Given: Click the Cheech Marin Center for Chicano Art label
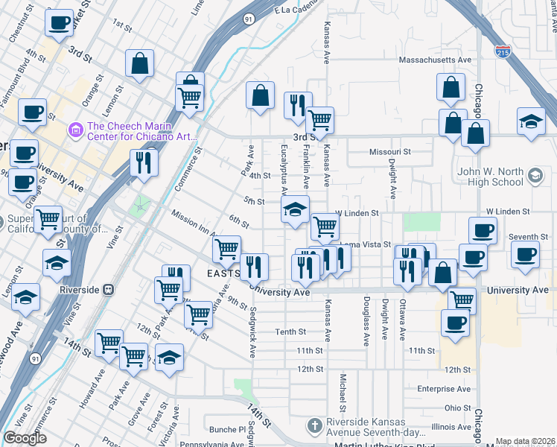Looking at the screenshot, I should click(141, 130).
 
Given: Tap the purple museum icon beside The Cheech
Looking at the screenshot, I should click(74, 130).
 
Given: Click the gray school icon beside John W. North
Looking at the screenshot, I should click(534, 176).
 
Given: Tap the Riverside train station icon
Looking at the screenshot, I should click(108, 289).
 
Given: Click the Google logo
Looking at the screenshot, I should click(25, 439).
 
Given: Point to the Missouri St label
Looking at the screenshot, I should click(390, 151).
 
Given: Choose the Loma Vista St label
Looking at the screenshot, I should click(365, 244).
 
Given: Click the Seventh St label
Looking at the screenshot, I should click(529, 237).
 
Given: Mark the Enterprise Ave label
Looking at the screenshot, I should click(444, 389).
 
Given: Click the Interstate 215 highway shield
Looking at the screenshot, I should click(503, 52).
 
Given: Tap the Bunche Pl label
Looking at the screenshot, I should click(227, 429).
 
